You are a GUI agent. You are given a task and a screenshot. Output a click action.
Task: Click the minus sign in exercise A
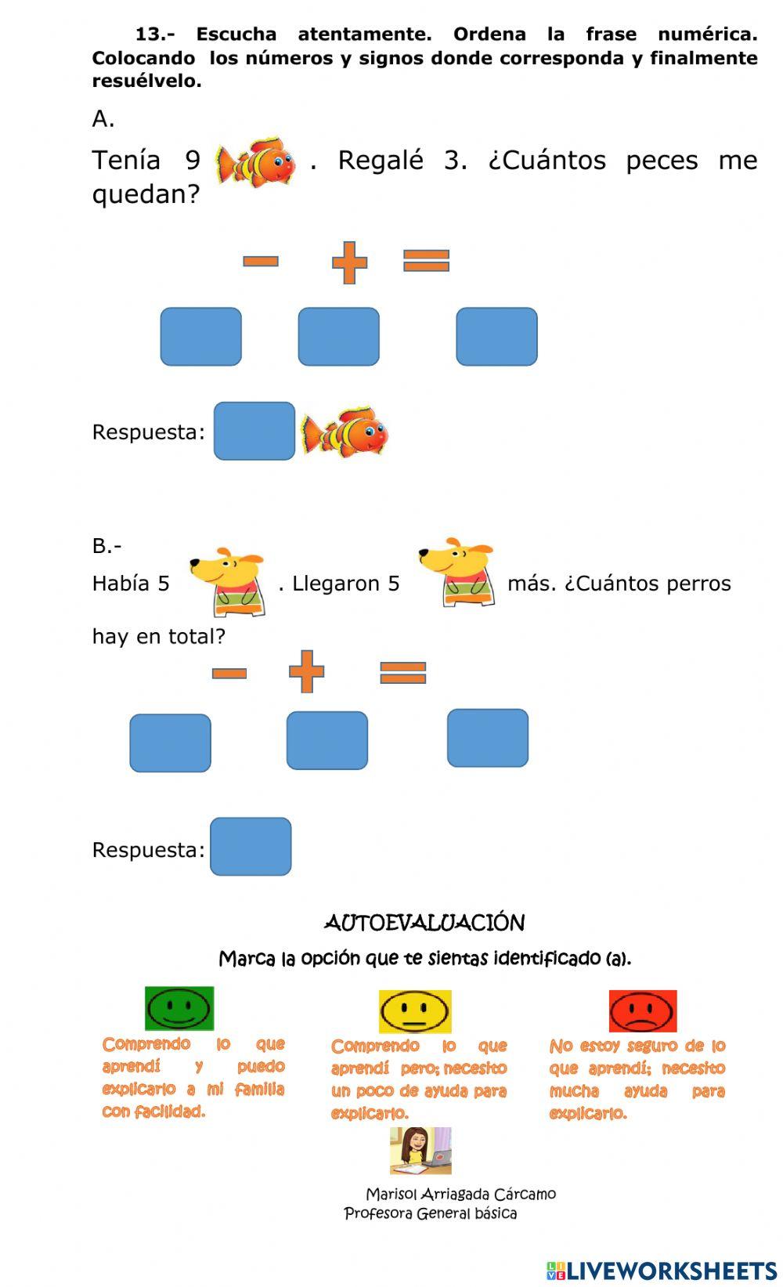261,261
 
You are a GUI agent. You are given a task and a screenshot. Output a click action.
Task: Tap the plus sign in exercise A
349,262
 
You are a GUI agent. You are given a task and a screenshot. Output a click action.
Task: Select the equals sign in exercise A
426,260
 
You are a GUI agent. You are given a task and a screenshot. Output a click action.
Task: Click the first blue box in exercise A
201,337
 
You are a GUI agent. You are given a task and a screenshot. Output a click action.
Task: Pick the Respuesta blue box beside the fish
254,431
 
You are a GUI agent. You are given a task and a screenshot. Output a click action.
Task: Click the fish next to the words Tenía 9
257,162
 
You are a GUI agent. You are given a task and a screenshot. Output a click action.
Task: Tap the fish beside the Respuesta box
345,431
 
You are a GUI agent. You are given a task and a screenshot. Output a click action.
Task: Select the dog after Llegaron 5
458,573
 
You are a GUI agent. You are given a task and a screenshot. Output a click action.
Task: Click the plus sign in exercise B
306,671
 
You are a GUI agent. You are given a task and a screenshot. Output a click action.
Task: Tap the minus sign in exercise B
229,673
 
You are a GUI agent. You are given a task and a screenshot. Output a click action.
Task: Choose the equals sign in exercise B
402,672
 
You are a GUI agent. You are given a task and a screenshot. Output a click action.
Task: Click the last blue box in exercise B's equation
488,738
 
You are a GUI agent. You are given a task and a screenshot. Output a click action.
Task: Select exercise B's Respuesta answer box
251,847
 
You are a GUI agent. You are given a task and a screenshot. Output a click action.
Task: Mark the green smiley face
179,1008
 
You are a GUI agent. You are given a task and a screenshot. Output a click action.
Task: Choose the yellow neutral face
415,1011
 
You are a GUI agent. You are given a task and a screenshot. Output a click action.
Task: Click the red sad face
643,1011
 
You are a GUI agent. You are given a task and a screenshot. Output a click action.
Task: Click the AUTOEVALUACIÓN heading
424,923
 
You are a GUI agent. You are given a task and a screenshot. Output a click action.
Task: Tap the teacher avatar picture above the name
420,1151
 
